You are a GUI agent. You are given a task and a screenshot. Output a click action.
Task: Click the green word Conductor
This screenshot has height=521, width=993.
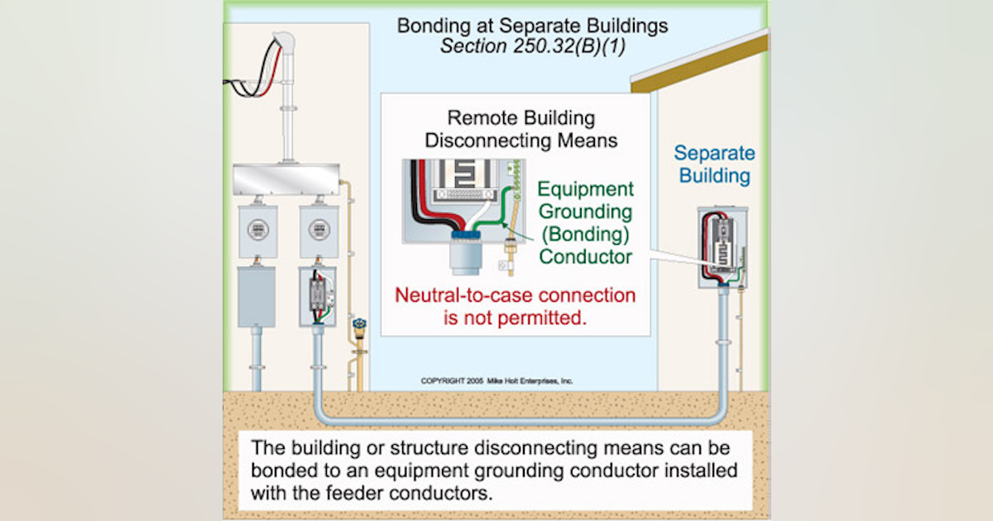tap(586, 257)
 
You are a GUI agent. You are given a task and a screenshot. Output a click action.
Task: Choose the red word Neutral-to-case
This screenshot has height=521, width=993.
tap(455, 295)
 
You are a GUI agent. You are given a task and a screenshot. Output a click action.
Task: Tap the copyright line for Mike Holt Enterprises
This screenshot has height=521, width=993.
tap(496, 381)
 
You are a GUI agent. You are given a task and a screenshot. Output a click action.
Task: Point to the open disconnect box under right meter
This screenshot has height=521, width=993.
tap(317, 295)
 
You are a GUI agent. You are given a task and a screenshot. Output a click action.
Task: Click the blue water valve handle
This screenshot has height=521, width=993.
tap(358, 323)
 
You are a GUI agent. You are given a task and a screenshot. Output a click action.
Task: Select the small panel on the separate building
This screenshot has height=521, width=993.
tap(722, 246)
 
